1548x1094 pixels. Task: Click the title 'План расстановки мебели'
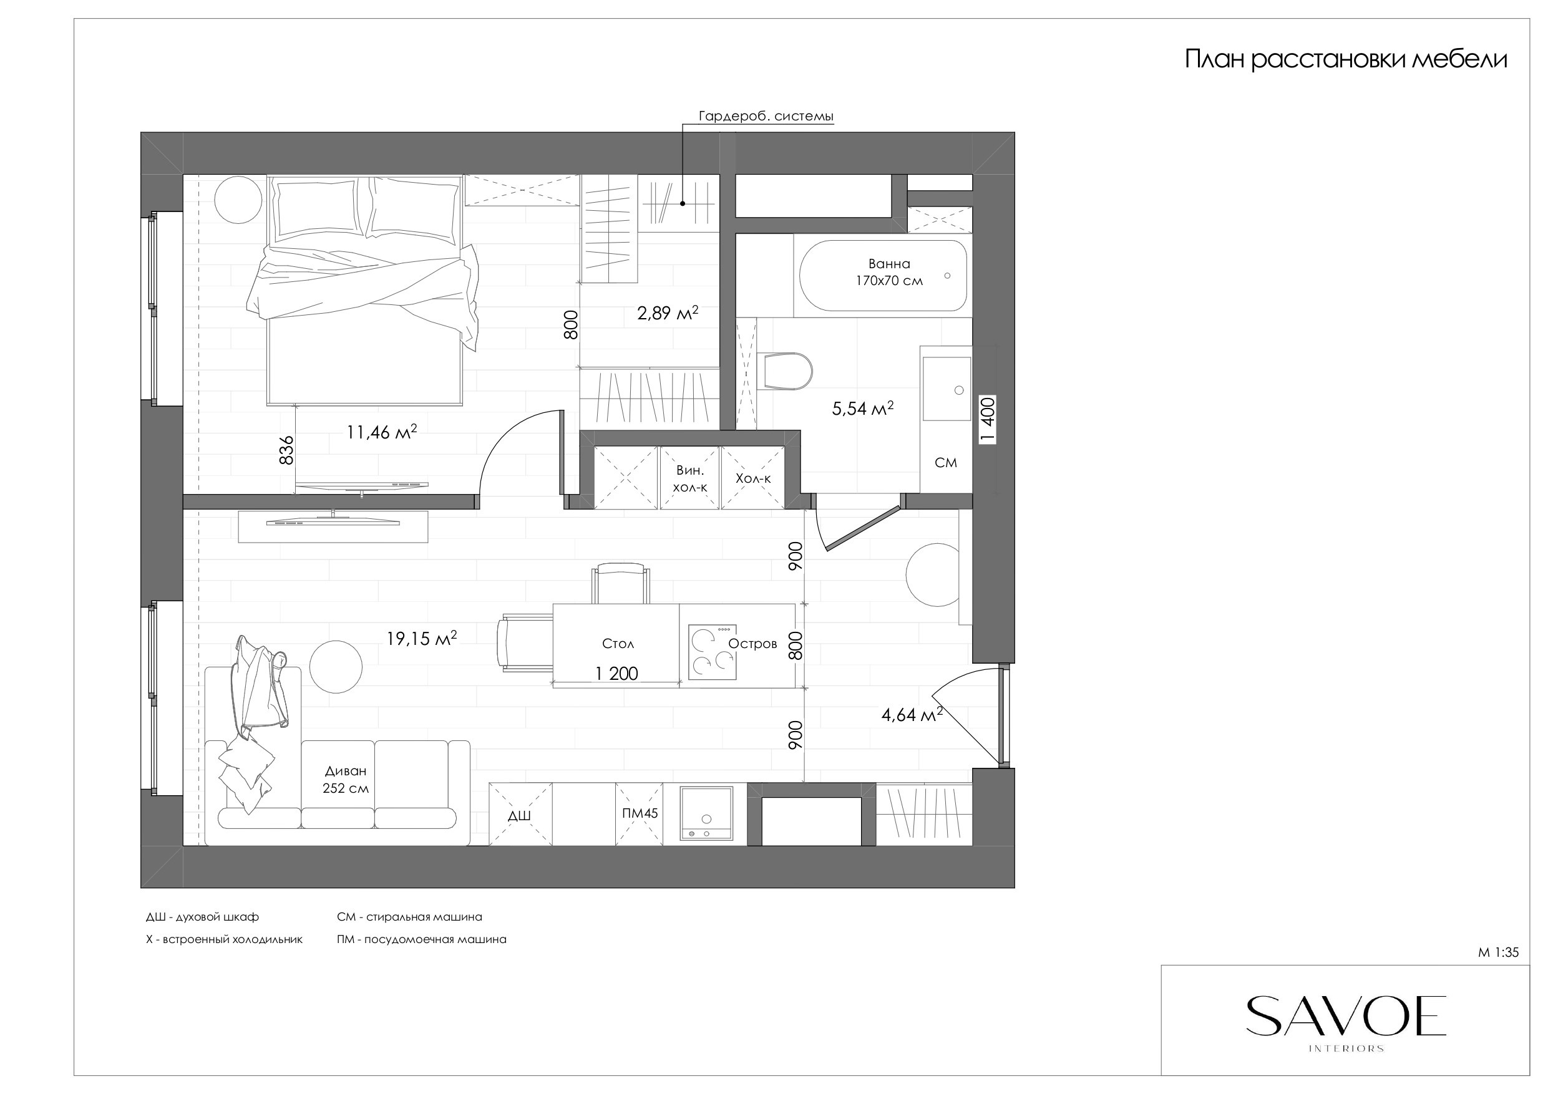(x=1346, y=60)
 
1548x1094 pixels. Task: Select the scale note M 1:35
(x=1498, y=952)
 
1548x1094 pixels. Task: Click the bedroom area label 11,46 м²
(x=382, y=432)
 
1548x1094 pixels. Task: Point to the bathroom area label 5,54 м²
(x=863, y=408)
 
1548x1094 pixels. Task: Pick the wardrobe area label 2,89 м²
(x=668, y=312)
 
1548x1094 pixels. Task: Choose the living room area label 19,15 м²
(x=421, y=637)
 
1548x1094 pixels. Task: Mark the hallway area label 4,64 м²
(x=912, y=715)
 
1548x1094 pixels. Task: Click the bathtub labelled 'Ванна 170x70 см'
(x=884, y=275)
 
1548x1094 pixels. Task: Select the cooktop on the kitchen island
(x=712, y=652)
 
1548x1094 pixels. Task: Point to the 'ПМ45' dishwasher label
(x=640, y=813)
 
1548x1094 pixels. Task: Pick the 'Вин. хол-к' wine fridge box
(x=689, y=477)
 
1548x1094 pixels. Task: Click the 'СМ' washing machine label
(x=946, y=462)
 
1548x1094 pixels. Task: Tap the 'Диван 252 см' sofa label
(x=346, y=779)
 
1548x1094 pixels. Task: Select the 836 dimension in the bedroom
(x=286, y=450)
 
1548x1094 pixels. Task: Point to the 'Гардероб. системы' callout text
(x=766, y=116)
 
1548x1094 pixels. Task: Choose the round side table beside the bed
(x=238, y=200)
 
